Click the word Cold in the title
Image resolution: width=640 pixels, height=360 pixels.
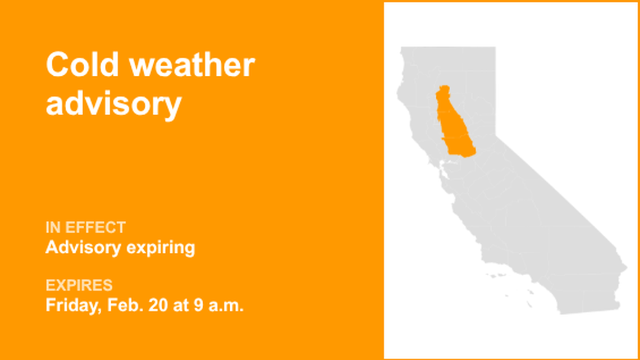pos(83,66)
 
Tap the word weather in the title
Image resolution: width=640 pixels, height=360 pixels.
pos(192,66)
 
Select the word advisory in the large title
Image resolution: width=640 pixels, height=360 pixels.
pos(113,103)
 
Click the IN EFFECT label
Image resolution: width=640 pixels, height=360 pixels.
pos(85,227)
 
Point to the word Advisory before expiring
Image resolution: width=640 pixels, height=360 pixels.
pos(81,247)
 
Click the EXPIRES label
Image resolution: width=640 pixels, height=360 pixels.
pos(79,285)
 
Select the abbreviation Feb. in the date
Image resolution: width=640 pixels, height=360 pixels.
pos(121,306)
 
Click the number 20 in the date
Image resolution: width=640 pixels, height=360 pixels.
pos(153,306)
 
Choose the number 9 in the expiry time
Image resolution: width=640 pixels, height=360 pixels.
pos(195,306)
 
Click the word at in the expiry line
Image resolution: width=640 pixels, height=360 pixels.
pos(177,306)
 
